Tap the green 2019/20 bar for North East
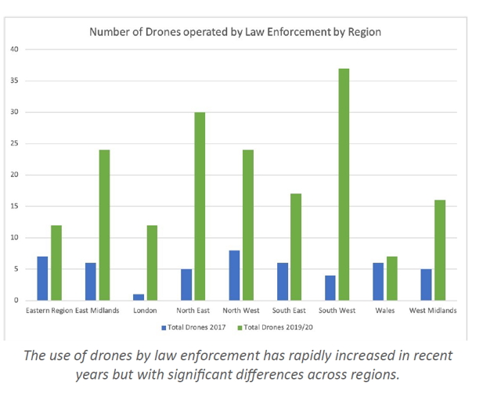point(200,206)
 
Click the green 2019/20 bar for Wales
point(391,278)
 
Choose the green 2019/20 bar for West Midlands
point(440,250)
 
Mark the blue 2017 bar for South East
point(283,281)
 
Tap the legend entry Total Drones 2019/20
point(279,326)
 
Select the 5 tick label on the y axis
point(16,268)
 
